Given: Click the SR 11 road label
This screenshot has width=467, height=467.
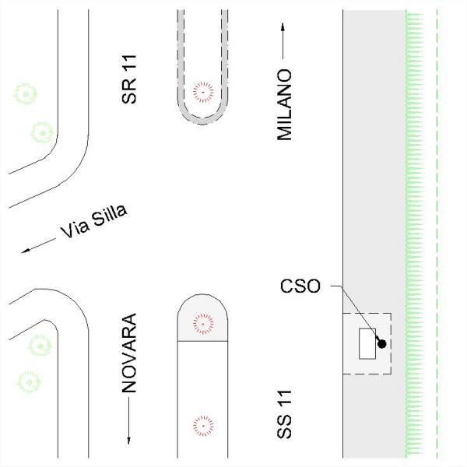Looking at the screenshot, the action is coord(129,79).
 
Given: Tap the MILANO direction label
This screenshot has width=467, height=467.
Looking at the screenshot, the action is coord(284,105).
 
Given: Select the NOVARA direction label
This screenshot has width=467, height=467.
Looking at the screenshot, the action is coord(129,353).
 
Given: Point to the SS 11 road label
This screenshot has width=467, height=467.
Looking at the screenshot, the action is coord(284,415).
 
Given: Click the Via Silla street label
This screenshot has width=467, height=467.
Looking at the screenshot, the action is coord(94,221).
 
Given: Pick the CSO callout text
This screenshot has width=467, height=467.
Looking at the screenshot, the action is coord(300,286).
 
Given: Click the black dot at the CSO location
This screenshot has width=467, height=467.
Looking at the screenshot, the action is coord(382,344).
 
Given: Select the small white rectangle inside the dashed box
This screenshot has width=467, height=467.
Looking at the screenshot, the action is coord(367,344).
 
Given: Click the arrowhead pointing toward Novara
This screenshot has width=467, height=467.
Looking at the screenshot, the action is coord(129,441).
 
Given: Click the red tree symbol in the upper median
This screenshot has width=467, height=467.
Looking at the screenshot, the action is coord(203,92).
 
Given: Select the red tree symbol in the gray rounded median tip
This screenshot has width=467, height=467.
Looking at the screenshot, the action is coord(203,324).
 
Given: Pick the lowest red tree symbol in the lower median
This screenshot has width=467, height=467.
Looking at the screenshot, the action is coord(203,426).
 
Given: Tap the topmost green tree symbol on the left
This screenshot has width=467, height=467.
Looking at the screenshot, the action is coord(26,94).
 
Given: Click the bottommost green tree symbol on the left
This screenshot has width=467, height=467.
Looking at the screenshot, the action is coord(29,382).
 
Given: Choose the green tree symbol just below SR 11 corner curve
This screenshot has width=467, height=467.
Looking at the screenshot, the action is coord(42,132).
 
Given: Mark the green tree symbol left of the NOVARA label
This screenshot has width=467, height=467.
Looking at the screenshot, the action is coord(40,346).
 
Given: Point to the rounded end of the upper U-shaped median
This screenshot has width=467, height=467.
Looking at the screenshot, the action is coord(202,121).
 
